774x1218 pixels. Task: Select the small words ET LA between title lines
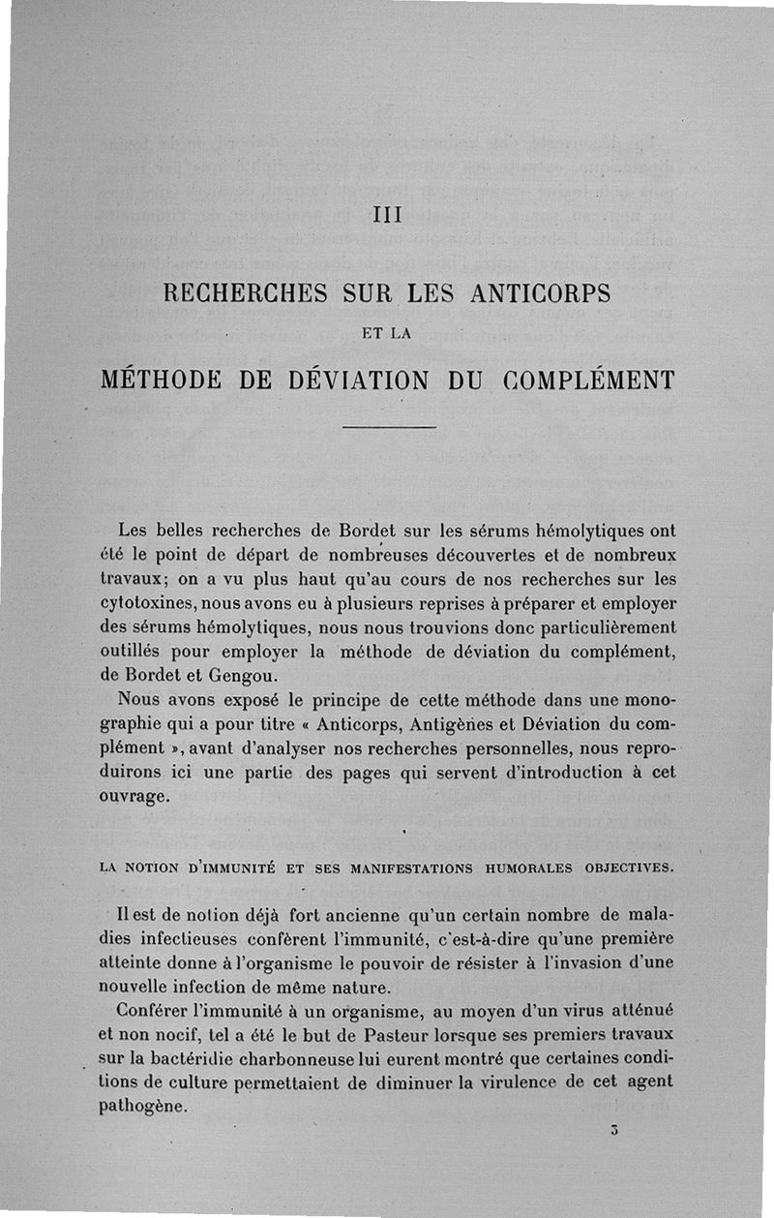(x=386, y=335)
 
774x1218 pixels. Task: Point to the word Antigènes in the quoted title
(x=457, y=723)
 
